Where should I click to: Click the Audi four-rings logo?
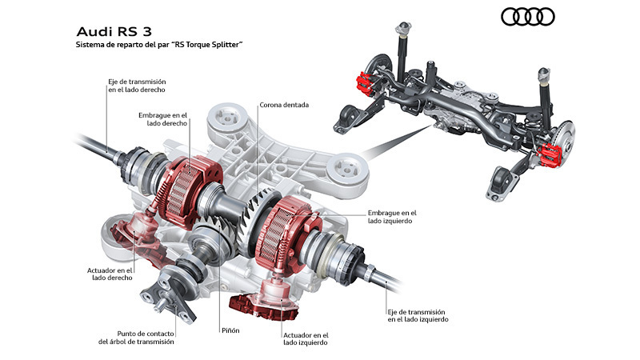point(527,17)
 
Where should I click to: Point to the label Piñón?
point(230,330)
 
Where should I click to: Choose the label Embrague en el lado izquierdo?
point(392,217)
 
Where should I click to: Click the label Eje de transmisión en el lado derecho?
point(136,86)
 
